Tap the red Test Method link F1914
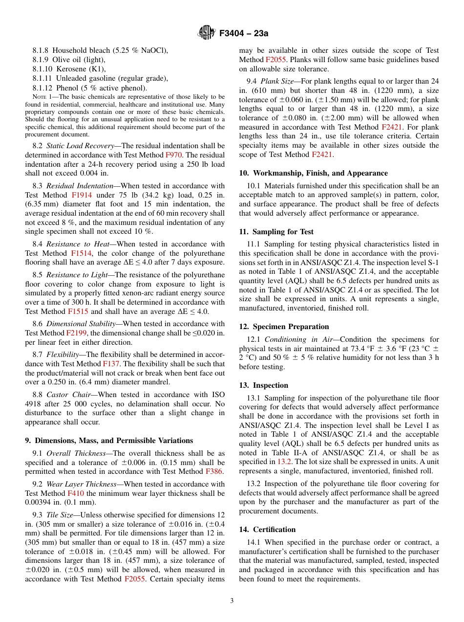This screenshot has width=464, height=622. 82,195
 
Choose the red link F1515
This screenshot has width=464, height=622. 78,311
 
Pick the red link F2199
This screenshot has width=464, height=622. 77,333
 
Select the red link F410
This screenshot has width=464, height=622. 75,493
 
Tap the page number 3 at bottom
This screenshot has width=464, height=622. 232,601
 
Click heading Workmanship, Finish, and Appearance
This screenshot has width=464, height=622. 320,173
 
